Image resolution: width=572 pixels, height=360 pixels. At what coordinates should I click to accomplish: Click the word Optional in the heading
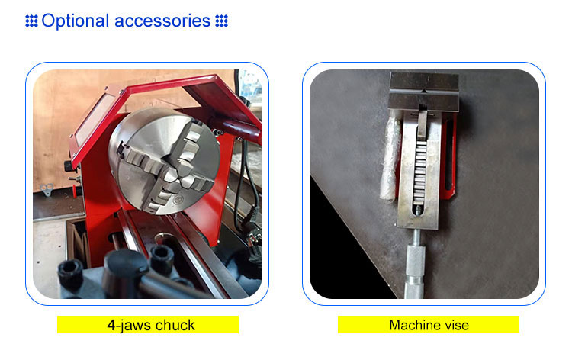tap(76, 21)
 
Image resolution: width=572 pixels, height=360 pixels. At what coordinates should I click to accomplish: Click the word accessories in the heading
tap(162, 21)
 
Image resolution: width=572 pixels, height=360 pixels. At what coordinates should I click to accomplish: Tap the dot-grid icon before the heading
tap(31, 21)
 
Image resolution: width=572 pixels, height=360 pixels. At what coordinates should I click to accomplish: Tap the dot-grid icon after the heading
tap(221, 21)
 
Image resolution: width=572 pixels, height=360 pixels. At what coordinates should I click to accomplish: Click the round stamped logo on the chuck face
tap(178, 199)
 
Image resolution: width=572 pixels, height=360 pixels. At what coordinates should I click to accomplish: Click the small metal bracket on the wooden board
tap(47, 189)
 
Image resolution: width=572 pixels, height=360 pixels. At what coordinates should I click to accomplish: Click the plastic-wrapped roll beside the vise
tap(389, 156)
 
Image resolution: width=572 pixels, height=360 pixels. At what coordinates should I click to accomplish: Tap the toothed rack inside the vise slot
tap(420, 172)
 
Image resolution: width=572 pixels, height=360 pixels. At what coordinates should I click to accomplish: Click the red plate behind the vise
tap(450, 157)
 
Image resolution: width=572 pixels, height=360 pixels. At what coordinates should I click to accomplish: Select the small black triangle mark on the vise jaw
tap(423, 90)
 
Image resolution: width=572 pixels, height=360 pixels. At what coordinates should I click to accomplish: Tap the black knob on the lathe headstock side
tap(69, 166)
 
